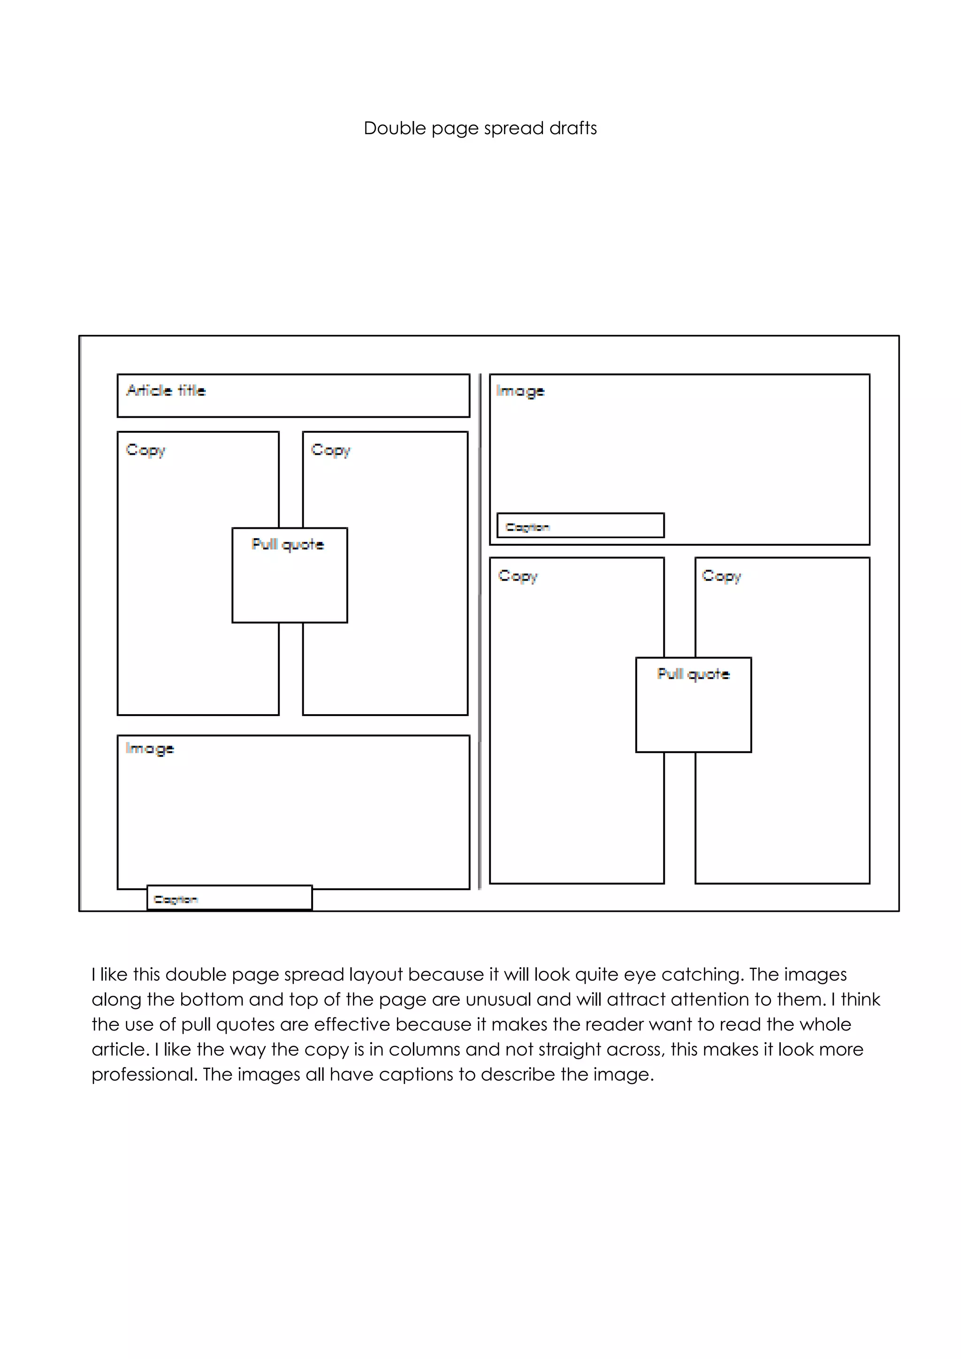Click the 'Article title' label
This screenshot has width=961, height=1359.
166,390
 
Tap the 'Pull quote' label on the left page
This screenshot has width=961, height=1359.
288,544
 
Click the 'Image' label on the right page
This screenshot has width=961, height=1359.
520,391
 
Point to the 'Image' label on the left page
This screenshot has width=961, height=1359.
150,749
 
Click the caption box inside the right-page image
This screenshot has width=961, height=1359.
580,526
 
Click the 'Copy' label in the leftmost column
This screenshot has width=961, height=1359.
145,450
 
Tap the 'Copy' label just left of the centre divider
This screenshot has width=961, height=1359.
331,450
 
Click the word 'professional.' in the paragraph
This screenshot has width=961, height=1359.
145,1074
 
